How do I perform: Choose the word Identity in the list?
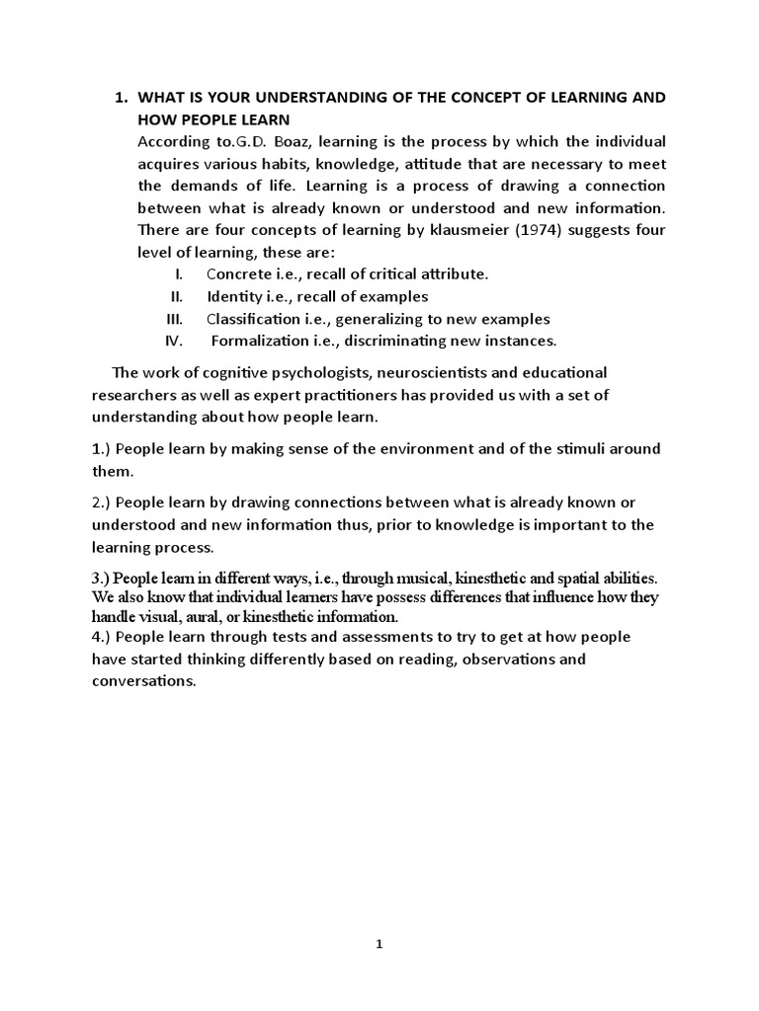[x=235, y=296]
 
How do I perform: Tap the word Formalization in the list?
[x=261, y=342]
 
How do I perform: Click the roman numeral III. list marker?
[x=175, y=319]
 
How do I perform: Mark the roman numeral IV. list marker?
[x=175, y=342]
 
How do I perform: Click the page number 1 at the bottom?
[x=379, y=944]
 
